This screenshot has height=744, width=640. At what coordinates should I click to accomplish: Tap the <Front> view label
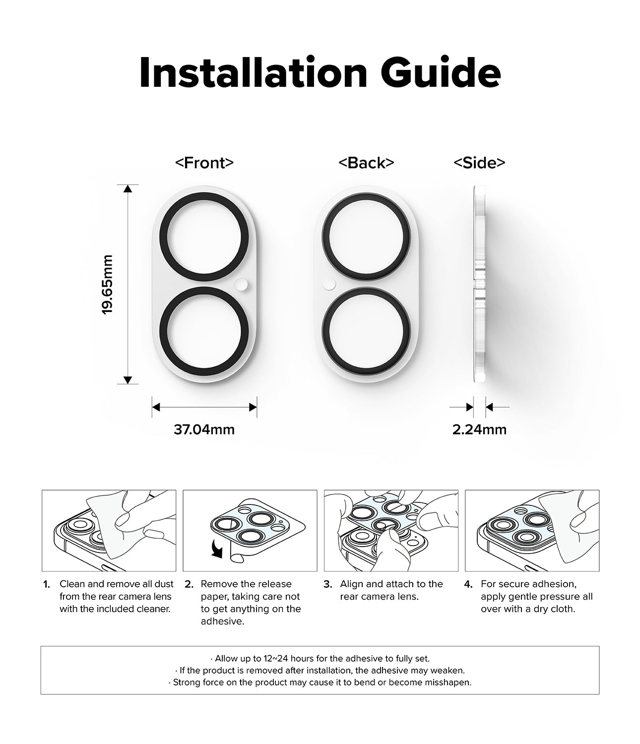pos(204,163)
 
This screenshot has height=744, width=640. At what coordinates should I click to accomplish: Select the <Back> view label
pos(366,163)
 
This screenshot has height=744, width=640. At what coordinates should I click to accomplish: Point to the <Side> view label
pos(479,163)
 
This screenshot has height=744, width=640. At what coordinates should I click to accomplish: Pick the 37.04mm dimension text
pos(204,429)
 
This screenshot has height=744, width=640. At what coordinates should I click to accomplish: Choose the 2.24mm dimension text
pos(479,429)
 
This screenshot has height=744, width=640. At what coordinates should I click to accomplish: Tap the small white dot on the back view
pos(329,284)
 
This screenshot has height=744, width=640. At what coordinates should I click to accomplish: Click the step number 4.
pos(468,584)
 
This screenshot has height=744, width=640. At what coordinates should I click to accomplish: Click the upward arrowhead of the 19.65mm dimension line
pos(128,188)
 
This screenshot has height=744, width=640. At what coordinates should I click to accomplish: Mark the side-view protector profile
pos(479,284)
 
